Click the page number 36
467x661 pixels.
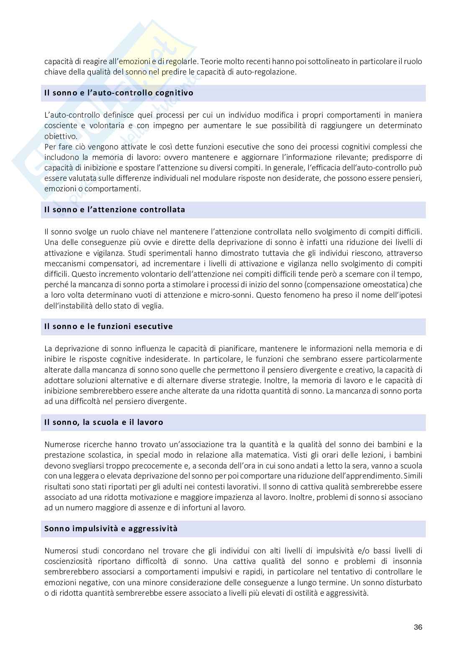[418, 627]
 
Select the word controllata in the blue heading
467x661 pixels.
[162, 210]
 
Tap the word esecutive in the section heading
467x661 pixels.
[154, 327]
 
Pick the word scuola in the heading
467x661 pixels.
[103, 422]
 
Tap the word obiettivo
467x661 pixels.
[61, 136]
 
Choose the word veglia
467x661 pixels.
[152, 306]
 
